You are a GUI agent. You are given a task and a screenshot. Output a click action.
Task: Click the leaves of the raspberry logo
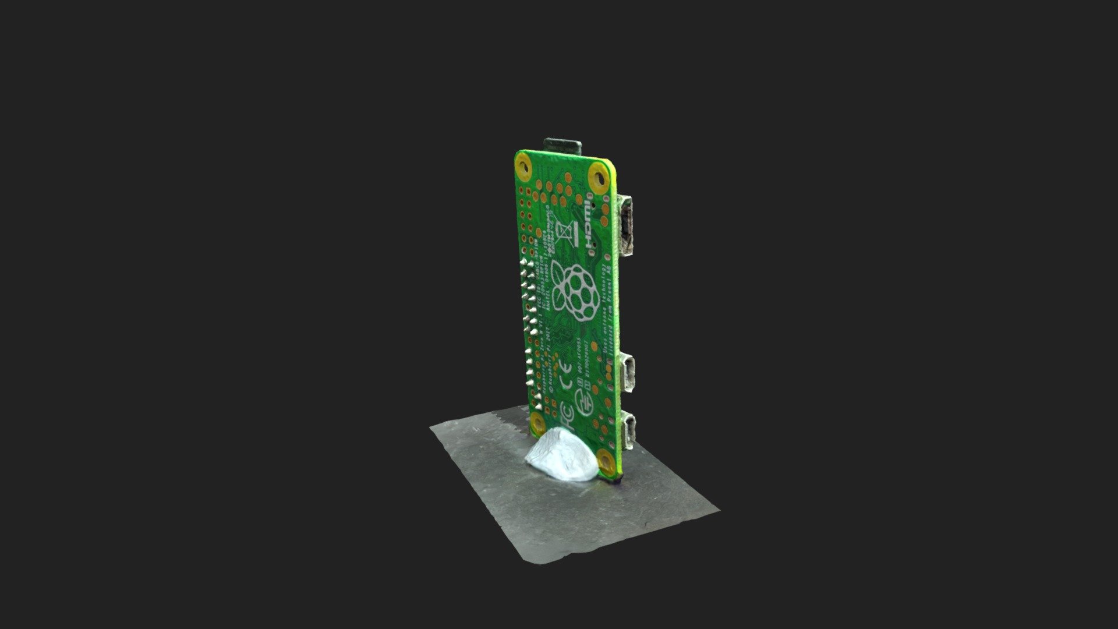coord(558,274)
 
